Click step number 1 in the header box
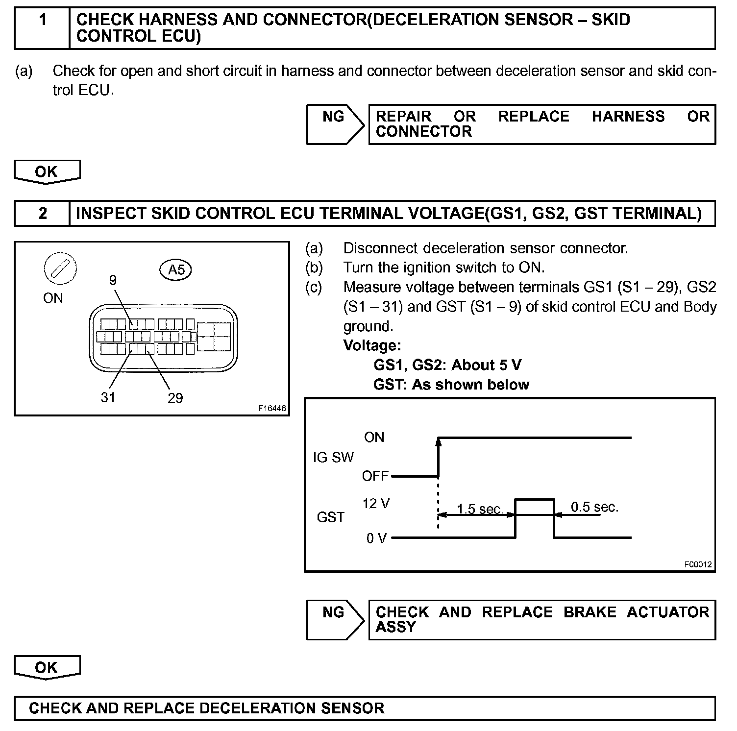click(x=43, y=20)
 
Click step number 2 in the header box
click(x=43, y=213)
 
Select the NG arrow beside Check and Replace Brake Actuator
click(x=334, y=619)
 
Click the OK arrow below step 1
click(x=47, y=172)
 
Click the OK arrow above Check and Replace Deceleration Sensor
click(x=47, y=667)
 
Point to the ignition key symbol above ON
click(x=60, y=269)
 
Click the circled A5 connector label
click(x=176, y=269)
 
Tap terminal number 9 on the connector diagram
click(x=113, y=280)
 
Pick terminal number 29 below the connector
click(x=175, y=397)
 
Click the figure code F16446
click(x=272, y=408)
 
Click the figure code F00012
click(x=698, y=564)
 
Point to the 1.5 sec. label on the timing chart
click(x=480, y=509)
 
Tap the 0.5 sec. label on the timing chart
click(x=594, y=507)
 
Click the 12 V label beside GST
click(x=376, y=504)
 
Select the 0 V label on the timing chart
click(x=376, y=538)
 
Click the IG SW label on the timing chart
click(x=333, y=457)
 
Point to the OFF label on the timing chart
click(x=375, y=476)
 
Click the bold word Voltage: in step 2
click(x=372, y=345)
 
